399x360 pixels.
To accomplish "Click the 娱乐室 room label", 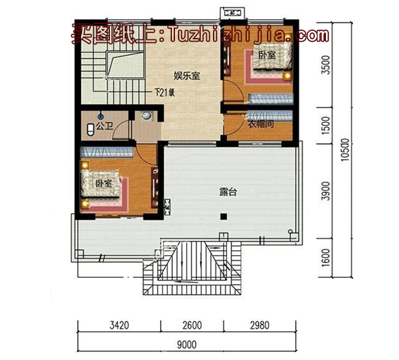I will [x=187, y=76].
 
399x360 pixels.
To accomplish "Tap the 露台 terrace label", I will [x=228, y=191].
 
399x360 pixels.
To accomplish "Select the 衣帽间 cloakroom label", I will [x=260, y=124].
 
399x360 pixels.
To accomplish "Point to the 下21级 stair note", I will [x=165, y=93].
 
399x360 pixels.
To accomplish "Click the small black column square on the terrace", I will [x=224, y=215].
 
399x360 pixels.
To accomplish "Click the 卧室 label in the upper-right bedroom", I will [x=266, y=56].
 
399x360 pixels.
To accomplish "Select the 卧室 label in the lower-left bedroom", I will [x=103, y=183].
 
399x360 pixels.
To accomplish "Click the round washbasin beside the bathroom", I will [x=147, y=116].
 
